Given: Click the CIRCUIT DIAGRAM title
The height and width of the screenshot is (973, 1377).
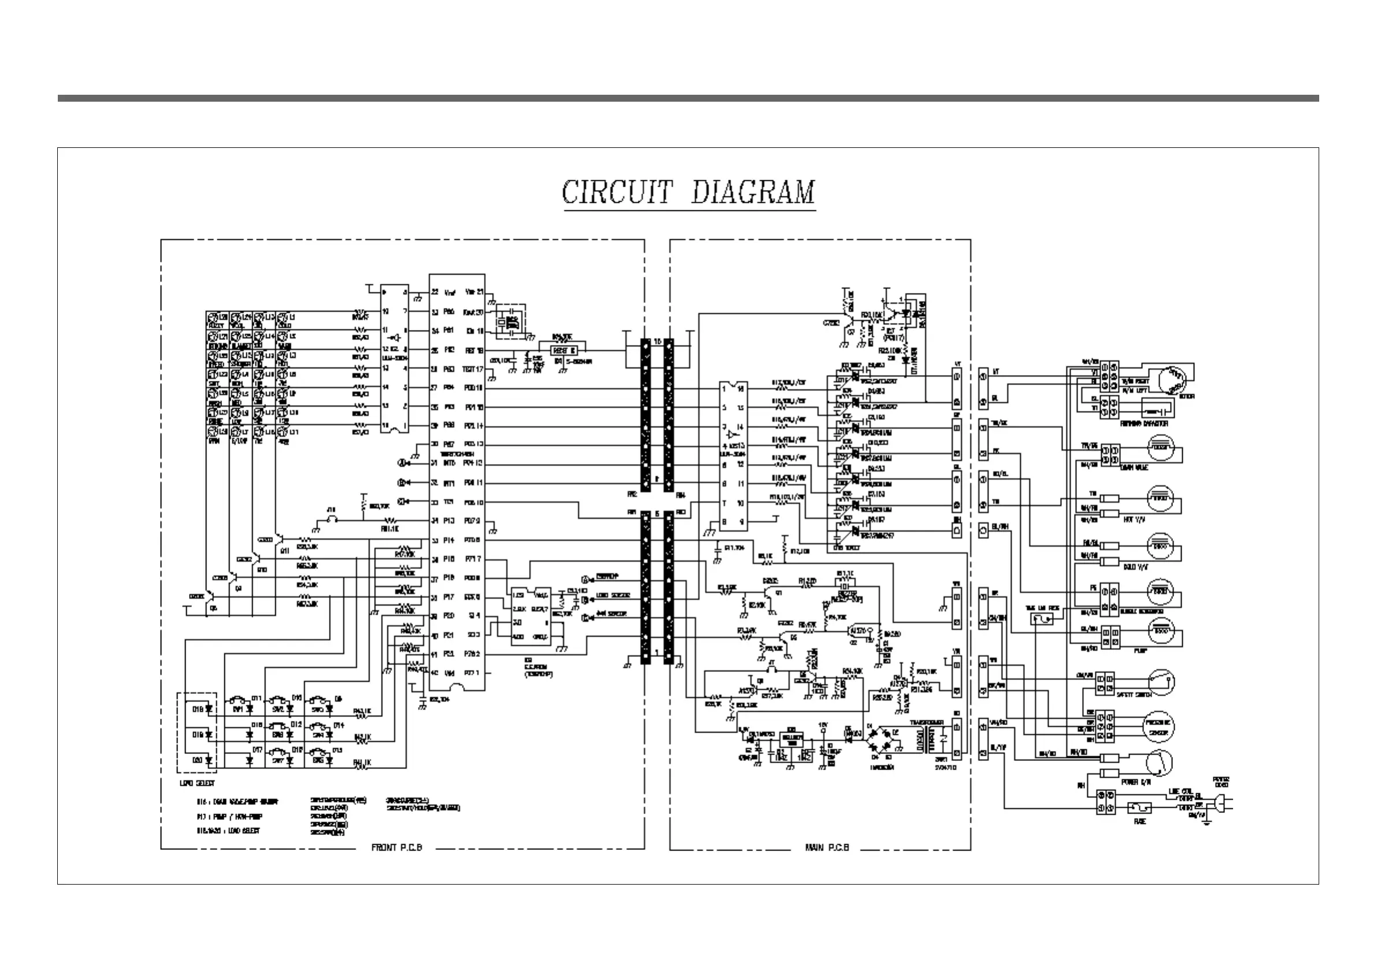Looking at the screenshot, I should (688, 193).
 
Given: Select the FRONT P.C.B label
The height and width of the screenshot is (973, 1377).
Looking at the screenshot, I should (397, 848).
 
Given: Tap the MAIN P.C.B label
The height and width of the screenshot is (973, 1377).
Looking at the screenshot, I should (827, 848).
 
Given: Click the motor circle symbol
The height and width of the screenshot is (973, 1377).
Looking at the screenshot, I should (1171, 380).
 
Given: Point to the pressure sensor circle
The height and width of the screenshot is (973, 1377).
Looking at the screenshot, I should (1159, 727).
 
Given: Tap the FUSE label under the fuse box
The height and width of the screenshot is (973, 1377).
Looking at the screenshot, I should (1139, 821).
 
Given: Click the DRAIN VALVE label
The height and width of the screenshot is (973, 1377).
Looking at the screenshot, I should (1134, 467).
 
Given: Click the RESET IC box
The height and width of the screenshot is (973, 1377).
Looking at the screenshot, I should (564, 350).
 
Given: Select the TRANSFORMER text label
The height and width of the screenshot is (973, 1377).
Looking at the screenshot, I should (927, 723).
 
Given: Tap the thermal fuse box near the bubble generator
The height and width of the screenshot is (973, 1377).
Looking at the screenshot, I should (1044, 618).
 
